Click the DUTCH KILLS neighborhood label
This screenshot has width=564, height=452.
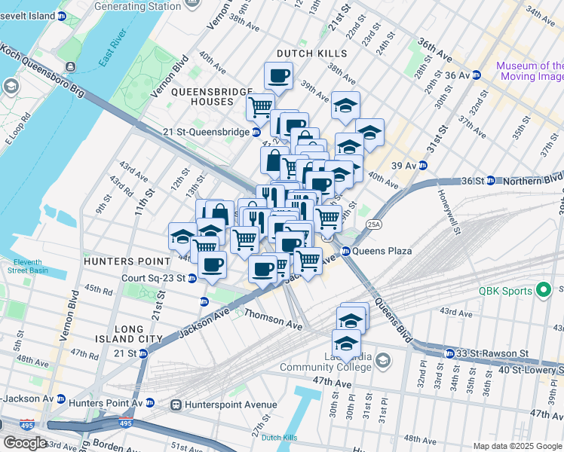pos(311,53)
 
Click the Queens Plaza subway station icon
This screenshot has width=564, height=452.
pos(346,252)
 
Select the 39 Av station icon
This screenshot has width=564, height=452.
pos(423,166)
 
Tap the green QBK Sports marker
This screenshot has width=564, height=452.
pos(541,291)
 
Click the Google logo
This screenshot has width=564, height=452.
pos(26,443)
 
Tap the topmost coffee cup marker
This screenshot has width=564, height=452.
pos(278,75)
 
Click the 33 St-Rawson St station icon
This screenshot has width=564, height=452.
pos(449,353)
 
